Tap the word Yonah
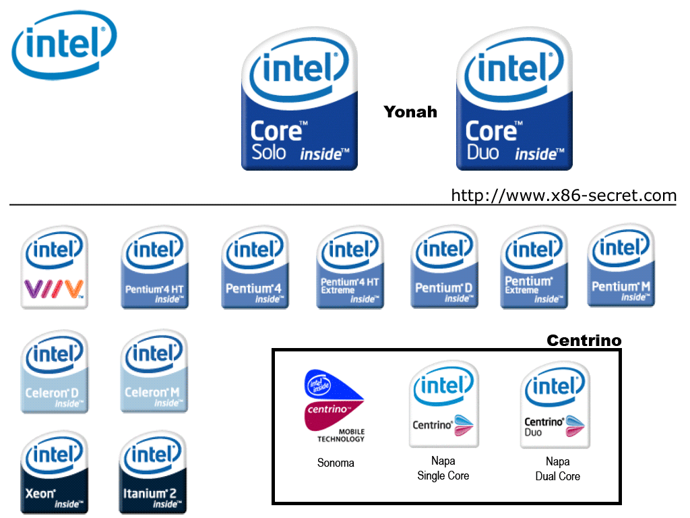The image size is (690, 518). tap(410, 112)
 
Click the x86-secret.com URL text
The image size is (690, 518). tap(563, 196)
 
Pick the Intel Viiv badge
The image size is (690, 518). tap(54, 268)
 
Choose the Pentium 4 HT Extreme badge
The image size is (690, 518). tap(350, 268)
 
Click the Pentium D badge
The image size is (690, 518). tap(444, 268)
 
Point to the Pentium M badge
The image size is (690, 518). tap(621, 266)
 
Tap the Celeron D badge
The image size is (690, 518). tap(54, 372)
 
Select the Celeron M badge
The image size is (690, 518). tap(154, 372)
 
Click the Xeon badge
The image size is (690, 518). tap(54, 473)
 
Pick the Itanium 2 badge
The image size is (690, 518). tap(153, 473)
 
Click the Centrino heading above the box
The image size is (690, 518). tap(584, 341)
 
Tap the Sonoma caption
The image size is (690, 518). tap(336, 463)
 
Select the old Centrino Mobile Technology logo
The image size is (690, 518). tap(335, 406)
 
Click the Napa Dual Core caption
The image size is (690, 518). tap(557, 469)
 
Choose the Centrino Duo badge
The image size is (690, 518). tap(555, 405)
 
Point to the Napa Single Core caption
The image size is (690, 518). tap(443, 468)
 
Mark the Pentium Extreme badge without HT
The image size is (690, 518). tap(534, 268)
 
